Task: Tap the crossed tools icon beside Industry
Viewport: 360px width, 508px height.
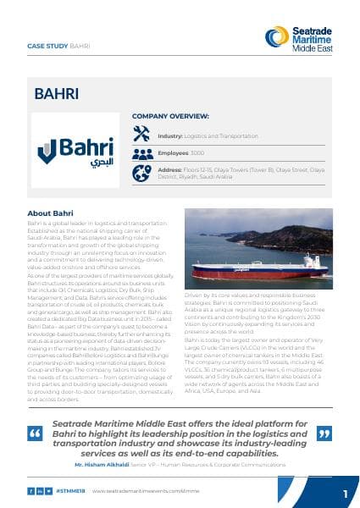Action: click(x=141, y=134)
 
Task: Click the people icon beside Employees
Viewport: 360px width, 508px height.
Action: click(x=141, y=153)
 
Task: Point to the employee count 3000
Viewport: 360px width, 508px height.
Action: click(x=197, y=153)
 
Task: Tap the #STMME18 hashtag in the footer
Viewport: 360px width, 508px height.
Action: click(x=74, y=490)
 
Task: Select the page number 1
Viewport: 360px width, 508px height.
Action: click(x=345, y=492)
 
